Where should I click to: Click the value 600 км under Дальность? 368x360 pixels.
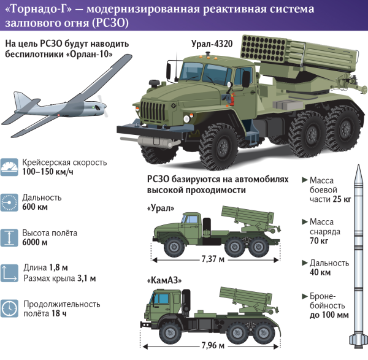click(35, 207)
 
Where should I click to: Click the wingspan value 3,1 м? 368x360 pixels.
click(85, 278)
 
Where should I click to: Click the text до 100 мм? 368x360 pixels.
click(329, 315)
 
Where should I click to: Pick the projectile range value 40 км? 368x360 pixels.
click(320, 272)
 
